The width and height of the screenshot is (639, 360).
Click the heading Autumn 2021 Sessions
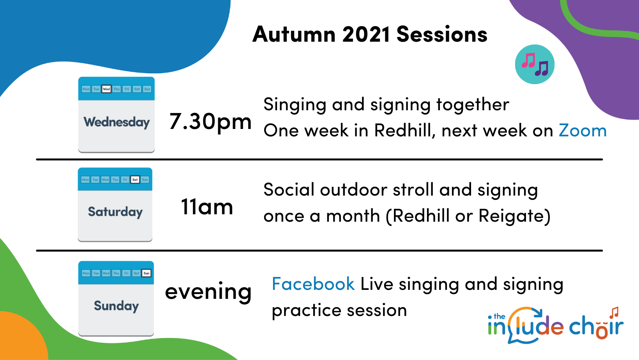pos(370,34)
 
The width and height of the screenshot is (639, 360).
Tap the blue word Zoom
pos(583,131)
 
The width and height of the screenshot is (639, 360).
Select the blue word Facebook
pos(313,284)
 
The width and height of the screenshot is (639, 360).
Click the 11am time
pos(207,206)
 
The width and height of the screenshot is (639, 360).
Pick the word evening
pos(208,291)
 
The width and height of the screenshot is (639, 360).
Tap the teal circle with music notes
pos(535,64)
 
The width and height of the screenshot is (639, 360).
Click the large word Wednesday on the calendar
pos(117,122)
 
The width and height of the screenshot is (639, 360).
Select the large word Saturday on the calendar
pos(115,212)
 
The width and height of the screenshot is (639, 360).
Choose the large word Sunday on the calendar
pos(117,306)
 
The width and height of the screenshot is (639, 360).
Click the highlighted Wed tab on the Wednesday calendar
pos(106,89)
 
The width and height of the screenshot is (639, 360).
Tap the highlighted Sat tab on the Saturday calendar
pos(135,180)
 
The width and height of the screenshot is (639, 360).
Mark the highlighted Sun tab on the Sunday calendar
pos(147,273)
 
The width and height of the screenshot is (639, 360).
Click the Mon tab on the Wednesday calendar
pos(86,89)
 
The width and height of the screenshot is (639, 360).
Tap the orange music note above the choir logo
pos(614,312)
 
